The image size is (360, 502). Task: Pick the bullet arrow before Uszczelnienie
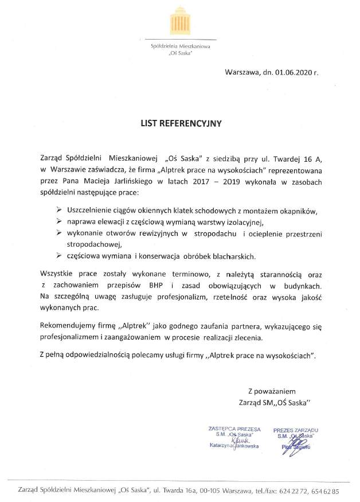[58, 211]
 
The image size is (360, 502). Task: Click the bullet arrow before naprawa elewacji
[58, 221]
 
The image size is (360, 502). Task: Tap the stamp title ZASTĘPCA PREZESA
[235, 429]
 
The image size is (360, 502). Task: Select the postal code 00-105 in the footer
[204, 492]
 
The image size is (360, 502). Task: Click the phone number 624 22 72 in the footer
[292, 492]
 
